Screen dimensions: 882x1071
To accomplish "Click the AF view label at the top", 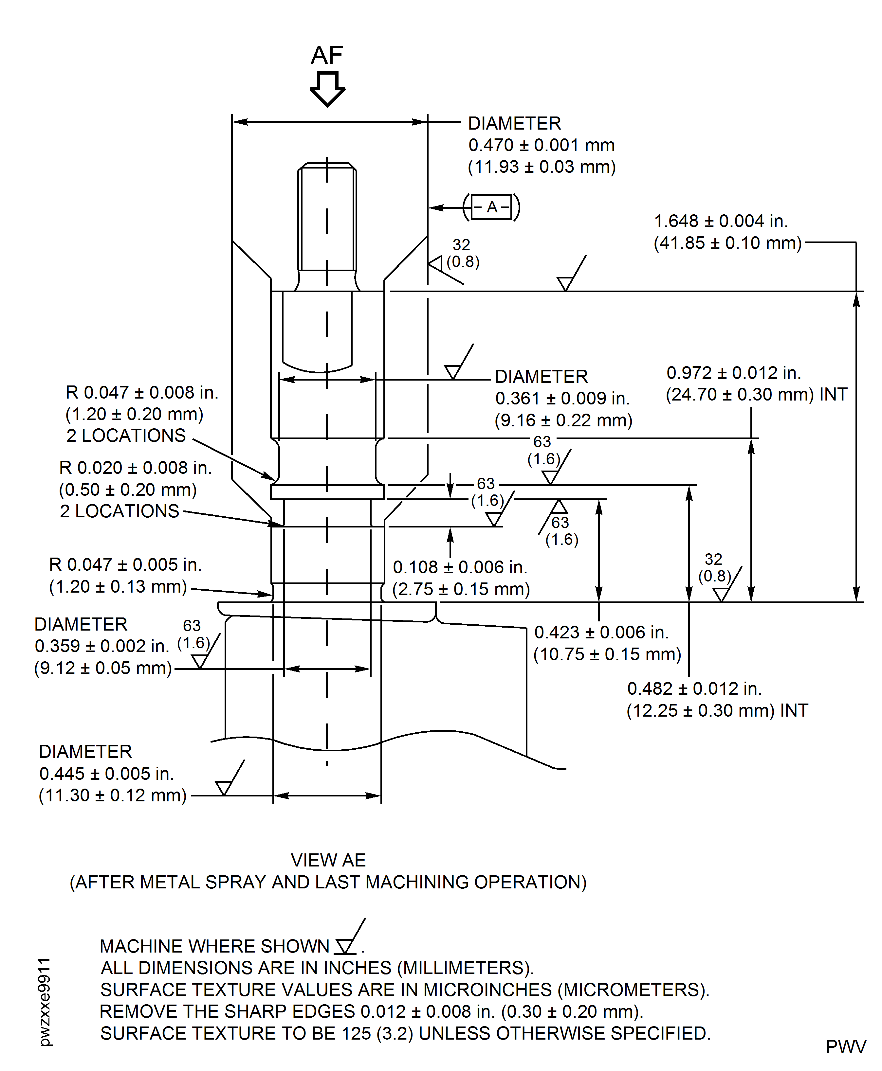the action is coord(327,55).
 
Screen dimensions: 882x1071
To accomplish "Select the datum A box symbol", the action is coord(491,207).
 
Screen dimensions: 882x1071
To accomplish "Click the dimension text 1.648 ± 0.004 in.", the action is coord(721,222).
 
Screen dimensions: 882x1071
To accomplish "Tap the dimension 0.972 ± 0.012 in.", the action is coord(734,373).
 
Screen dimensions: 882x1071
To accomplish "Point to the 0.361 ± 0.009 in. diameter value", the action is coord(562,399).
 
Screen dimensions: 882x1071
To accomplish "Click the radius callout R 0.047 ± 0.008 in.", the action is coord(142,393).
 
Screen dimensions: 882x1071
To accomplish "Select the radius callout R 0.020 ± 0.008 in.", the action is coord(135,468).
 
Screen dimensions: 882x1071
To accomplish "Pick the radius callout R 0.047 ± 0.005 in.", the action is coord(125,565).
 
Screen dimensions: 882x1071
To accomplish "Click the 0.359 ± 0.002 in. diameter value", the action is coord(101,646).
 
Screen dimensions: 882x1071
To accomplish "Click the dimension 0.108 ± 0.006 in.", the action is coord(460,567).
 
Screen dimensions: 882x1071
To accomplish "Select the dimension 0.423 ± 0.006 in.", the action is coord(601,632).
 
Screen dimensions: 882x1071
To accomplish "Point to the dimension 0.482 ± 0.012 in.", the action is coord(694,688).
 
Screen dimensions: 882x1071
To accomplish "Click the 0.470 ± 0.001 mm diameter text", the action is coord(541,145).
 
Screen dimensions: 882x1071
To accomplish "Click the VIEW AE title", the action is coord(328,860).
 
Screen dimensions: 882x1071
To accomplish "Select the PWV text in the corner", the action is coord(845,1047).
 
